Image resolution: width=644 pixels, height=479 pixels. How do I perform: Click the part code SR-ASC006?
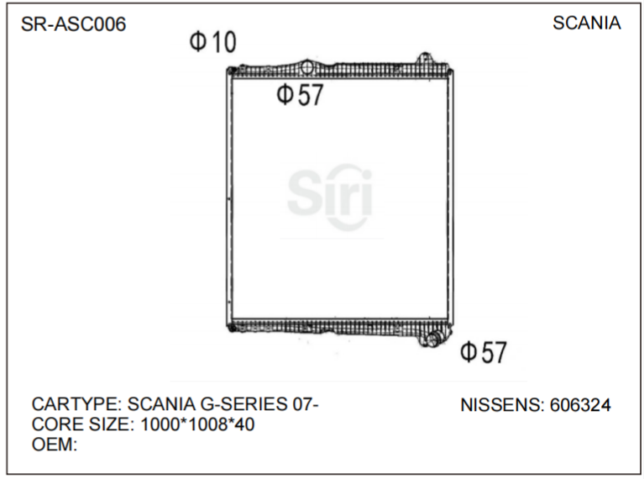coord(73,24)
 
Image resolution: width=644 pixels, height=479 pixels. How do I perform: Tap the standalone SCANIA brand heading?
coord(586,24)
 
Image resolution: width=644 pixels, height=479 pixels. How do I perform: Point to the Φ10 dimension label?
coord(213,42)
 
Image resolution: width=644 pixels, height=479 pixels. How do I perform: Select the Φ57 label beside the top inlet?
coord(300,95)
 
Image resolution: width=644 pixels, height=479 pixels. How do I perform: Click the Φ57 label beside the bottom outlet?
coord(484,352)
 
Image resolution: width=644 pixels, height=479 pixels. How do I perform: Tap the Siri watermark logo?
coord(330,193)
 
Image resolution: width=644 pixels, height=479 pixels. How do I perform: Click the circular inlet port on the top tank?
coord(308,67)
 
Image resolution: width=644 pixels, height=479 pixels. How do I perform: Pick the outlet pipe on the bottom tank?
coord(434,339)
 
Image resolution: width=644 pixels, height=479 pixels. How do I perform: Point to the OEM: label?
coord(55,445)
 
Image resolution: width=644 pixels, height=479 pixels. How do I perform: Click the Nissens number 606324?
coord(580,405)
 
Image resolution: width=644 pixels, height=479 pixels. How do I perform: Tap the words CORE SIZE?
coord(80,425)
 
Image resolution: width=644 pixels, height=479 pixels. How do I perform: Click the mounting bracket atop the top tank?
coord(425,59)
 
